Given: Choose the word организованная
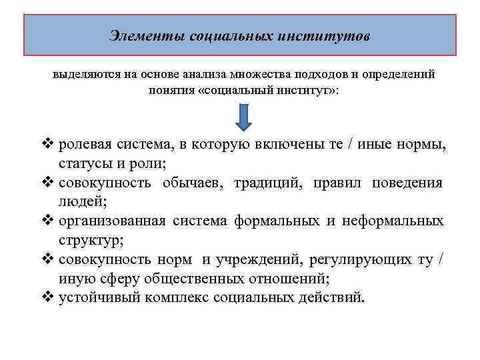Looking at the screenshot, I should pos(112,221).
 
